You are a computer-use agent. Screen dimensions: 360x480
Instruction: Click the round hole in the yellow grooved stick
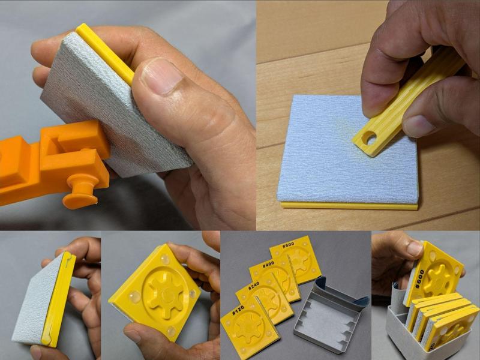tap(369, 139)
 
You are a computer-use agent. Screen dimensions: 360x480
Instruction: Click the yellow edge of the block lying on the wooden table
tap(348, 206)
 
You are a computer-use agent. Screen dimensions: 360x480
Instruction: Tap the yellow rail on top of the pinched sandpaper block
tap(105, 54)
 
